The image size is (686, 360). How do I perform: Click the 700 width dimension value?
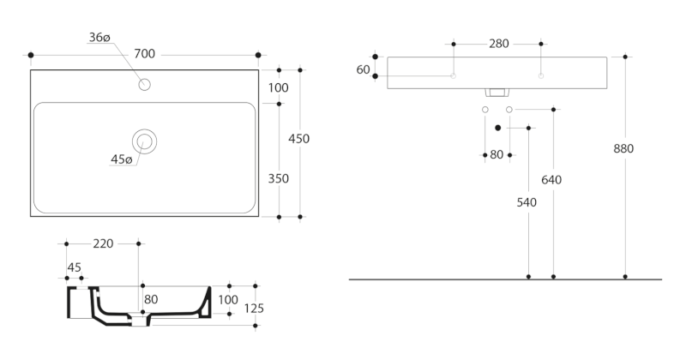[144, 55]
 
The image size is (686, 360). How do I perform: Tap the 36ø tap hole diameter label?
[99, 38]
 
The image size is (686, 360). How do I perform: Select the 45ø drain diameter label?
[121, 159]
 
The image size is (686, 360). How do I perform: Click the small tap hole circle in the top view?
[145, 84]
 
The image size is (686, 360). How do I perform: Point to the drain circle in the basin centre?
[144, 141]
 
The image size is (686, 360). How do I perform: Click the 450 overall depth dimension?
[298, 139]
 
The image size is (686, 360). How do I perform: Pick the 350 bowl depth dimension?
[278, 179]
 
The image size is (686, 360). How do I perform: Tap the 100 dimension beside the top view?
[278, 87]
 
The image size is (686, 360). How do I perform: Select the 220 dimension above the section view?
[103, 244]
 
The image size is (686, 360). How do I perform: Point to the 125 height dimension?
[253, 309]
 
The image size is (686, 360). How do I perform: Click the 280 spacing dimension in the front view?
[497, 44]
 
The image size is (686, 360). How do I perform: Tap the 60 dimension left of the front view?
[363, 69]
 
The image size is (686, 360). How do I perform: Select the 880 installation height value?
[623, 148]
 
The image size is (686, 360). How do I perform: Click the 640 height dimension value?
[551, 180]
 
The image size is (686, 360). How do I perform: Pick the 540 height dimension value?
[527, 203]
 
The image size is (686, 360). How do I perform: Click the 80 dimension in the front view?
[496, 155]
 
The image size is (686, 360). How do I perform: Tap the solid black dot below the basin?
[497, 128]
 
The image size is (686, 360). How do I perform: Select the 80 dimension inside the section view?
[151, 300]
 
